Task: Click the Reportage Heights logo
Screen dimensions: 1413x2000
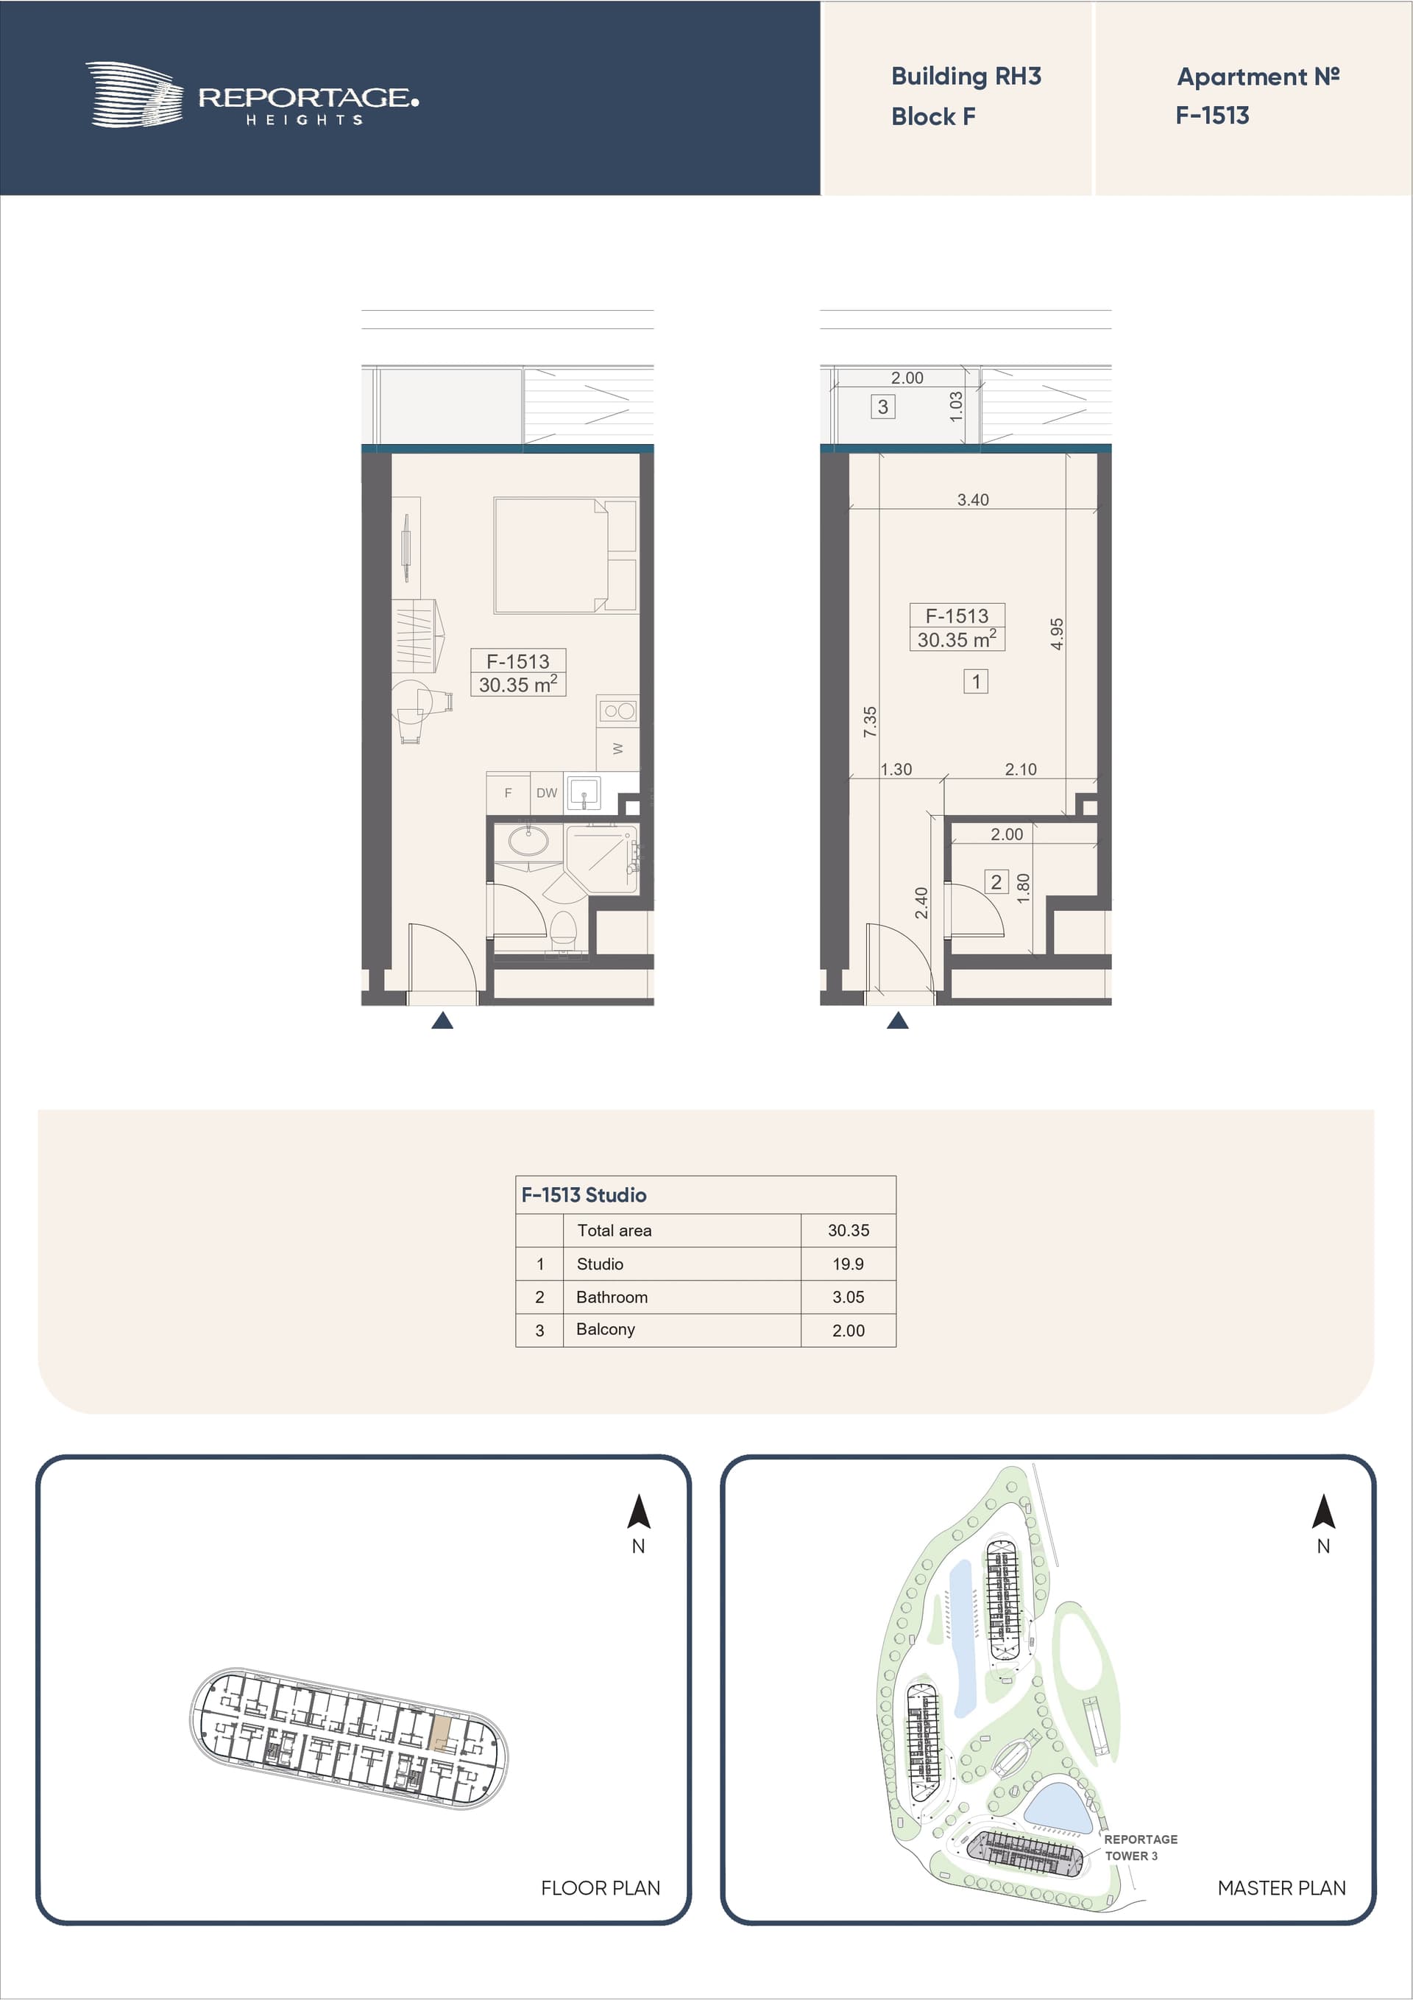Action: pyautogui.click(x=252, y=95)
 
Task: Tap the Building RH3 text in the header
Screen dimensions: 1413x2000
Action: pyautogui.click(x=966, y=77)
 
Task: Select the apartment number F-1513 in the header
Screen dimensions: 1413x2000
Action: pyautogui.click(x=1212, y=115)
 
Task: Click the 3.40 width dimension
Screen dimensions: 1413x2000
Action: pyautogui.click(x=972, y=500)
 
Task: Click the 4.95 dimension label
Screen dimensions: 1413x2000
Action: pyautogui.click(x=1056, y=634)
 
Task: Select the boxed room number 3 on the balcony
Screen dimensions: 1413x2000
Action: pyautogui.click(x=883, y=406)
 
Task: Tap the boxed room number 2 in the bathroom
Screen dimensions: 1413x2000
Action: pyautogui.click(x=996, y=882)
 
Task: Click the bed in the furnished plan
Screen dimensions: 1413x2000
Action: pyautogui.click(x=565, y=555)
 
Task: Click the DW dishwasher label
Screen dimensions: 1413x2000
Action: pyautogui.click(x=547, y=792)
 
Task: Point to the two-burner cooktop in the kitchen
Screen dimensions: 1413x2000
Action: pyautogui.click(x=618, y=711)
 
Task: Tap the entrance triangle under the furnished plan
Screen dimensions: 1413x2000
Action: pyautogui.click(x=442, y=1020)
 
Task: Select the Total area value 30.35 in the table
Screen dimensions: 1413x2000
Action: pyautogui.click(x=848, y=1230)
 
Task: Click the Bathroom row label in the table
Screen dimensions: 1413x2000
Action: pyautogui.click(x=612, y=1297)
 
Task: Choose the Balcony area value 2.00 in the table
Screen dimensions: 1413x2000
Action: pyautogui.click(x=848, y=1330)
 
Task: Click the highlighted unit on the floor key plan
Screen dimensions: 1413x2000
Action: pyautogui.click(x=442, y=1730)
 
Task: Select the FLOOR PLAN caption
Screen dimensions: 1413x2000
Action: pyautogui.click(x=601, y=1887)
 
